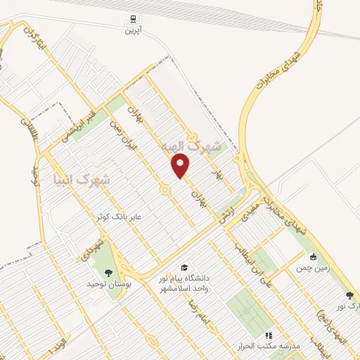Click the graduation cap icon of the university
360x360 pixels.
pyautogui.click(x=184, y=268)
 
